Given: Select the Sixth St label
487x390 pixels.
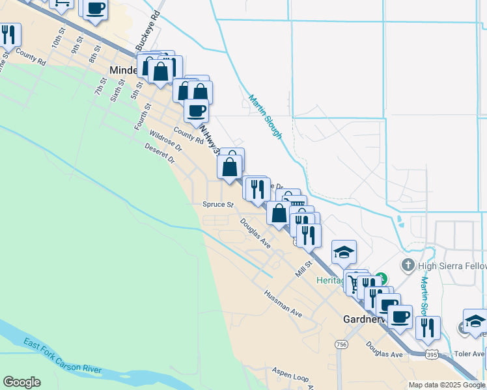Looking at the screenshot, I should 117,83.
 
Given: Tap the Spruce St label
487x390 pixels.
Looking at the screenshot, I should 217,204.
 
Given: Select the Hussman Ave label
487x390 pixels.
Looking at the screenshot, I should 283,304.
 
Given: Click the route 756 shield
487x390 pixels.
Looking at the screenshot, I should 341,344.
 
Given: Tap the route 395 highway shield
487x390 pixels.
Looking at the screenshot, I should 432,354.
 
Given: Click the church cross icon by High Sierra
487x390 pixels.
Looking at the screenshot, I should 408,265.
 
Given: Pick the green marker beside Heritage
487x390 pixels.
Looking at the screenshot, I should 383,278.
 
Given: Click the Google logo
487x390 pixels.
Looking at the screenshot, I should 21,382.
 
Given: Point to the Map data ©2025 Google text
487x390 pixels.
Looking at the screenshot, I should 447,385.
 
